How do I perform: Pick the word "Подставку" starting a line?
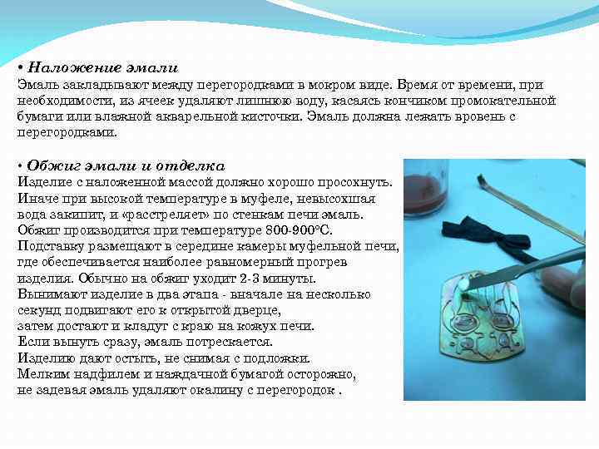click(x=47, y=246)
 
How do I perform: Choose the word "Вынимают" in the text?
click(x=47, y=294)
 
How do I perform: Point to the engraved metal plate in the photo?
click(x=491, y=333)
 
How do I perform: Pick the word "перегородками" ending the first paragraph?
click(x=67, y=132)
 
